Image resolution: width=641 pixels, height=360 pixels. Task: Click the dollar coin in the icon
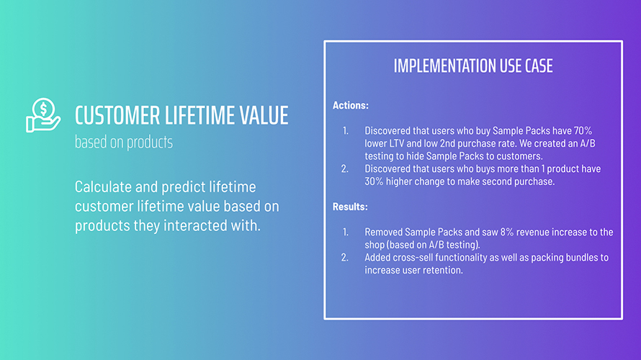pyautogui.click(x=43, y=108)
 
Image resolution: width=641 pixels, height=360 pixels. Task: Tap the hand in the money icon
pyautogui.click(x=43, y=124)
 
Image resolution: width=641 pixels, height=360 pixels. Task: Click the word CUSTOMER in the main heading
pyautogui.click(x=117, y=115)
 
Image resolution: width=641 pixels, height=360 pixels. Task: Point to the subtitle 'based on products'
pyautogui.click(x=123, y=143)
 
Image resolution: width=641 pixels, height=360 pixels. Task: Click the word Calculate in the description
pyautogui.click(x=103, y=186)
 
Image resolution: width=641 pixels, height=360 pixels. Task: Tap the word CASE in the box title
pyautogui.click(x=539, y=66)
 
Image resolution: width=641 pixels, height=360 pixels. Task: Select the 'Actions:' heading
pyautogui.click(x=350, y=105)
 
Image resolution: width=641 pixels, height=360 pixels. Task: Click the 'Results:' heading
pyautogui.click(x=350, y=207)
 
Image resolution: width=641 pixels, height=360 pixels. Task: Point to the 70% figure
pyautogui.click(x=583, y=131)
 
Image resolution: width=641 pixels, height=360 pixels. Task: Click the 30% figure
pyautogui.click(x=374, y=181)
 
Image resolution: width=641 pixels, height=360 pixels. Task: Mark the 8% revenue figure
pyautogui.click(x=507, y=232)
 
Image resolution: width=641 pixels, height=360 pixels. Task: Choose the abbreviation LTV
pyautogui.click(x=397, y=143)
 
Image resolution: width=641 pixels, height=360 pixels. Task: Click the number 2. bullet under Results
pyautogui.click(x=345, y=258)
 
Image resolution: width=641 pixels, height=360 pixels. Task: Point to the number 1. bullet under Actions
pyautogui.click(x=346, y=131)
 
